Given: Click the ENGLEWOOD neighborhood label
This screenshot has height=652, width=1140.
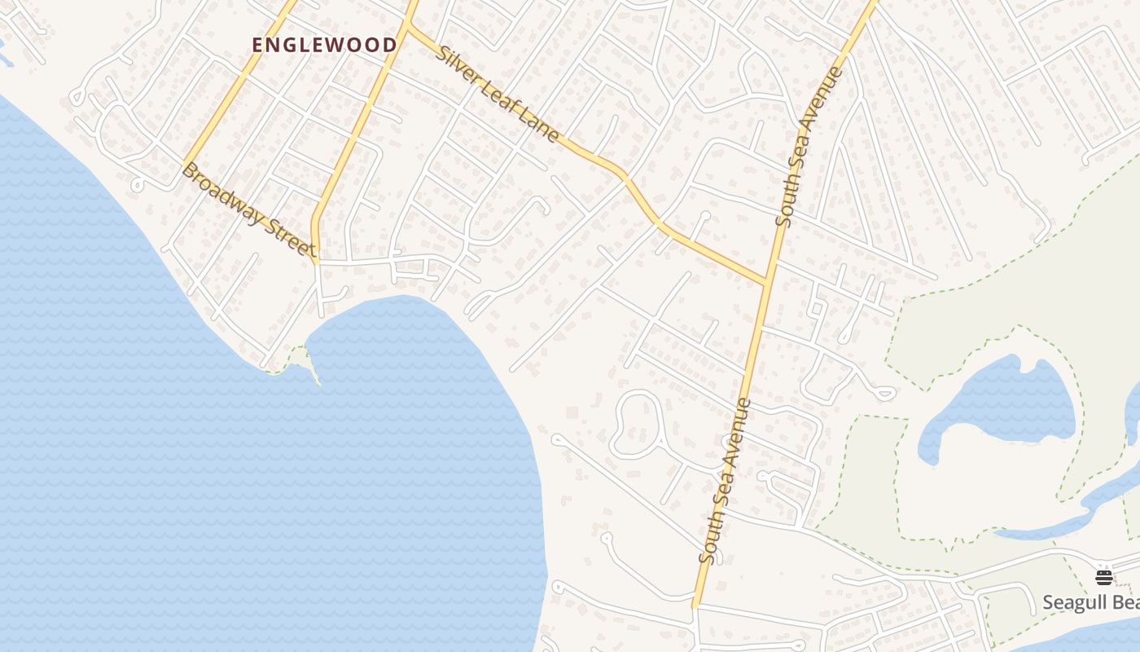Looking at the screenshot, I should [324, 45].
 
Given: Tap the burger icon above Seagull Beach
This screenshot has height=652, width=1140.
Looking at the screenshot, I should [1103, 576].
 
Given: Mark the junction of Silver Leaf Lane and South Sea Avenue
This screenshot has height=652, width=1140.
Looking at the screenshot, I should [768, 283].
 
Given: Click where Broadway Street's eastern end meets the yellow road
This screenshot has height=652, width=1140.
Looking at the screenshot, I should [317, 260].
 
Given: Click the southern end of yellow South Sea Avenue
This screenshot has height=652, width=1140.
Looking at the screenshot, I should [695, 605].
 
